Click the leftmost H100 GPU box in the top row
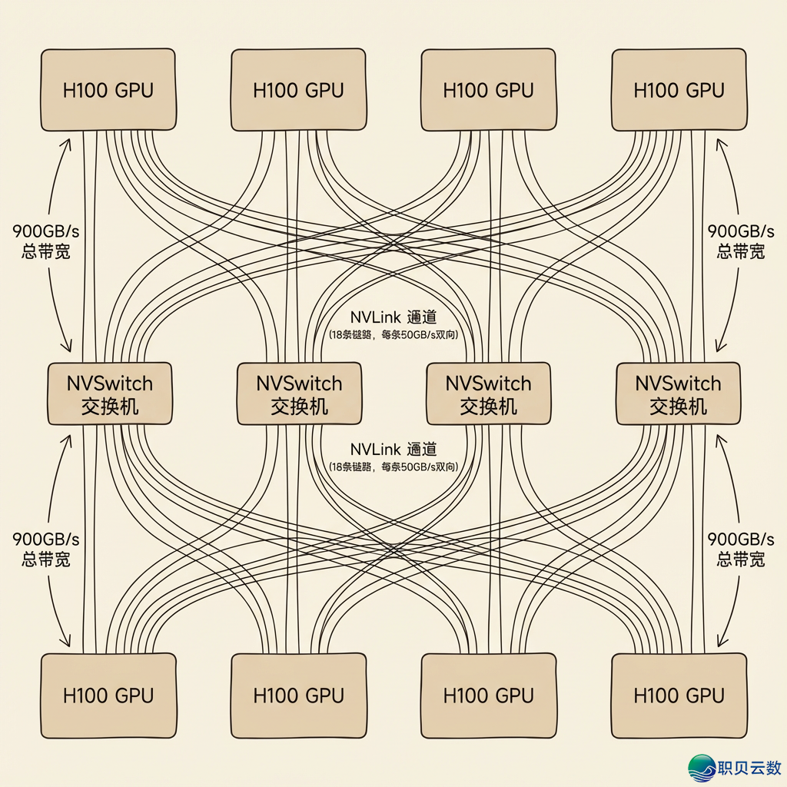[x=108, y=90]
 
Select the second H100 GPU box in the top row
[x=298, y=90]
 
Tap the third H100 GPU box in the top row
[x=489, y=90]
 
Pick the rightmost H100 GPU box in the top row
[x=679, y=90]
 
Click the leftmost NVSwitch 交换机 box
[x=110, y=393]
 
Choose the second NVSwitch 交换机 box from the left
[x=299, y=393]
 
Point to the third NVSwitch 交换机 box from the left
[x=489, y=393]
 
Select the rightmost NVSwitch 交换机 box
[x=678, y=393]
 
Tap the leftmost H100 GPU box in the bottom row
[x=108, y=695]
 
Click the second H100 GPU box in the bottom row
[x=298, y=695]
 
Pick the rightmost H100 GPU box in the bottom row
[x=679, y=695]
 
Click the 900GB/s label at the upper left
[x=46, y=231]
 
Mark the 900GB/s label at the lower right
[x=740, y=540]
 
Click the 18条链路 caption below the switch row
[x=393, y=467]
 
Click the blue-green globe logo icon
[x=702, y=768]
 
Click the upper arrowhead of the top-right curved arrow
[x=720, y=141]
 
